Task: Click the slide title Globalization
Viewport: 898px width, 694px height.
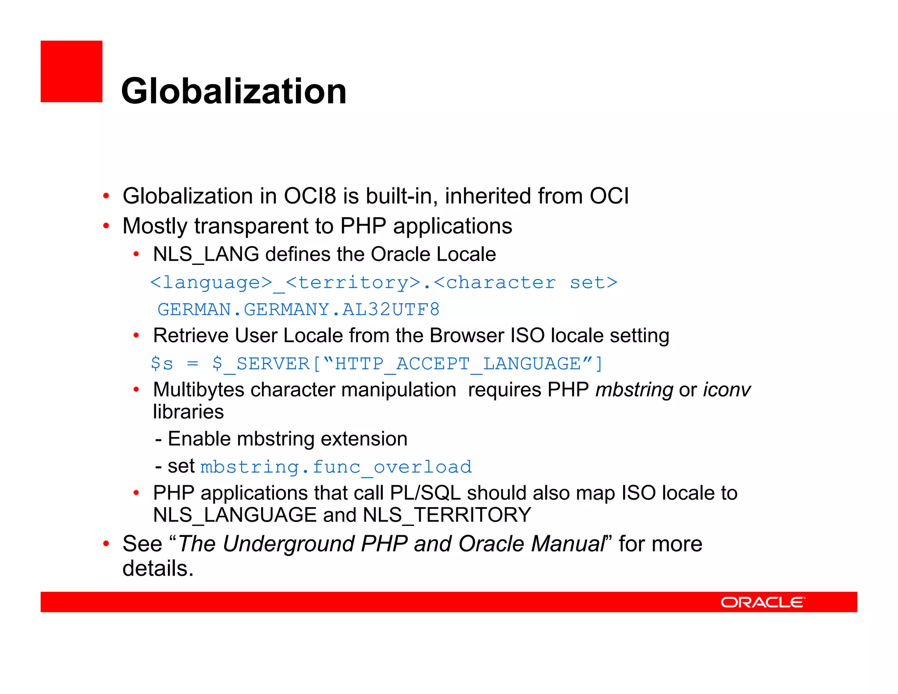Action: (234, 91)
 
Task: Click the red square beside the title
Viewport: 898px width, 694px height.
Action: (71, 72)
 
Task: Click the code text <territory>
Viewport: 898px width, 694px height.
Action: (353, 283)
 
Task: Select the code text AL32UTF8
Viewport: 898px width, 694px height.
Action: (391, 310)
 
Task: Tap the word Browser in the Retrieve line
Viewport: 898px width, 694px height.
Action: (466, 336)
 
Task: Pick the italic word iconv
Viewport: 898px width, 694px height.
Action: (727, 390)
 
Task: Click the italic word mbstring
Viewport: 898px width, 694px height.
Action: (634, 390)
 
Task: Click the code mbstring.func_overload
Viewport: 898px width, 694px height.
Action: (336, 467)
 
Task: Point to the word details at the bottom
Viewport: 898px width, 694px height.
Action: (155, 569)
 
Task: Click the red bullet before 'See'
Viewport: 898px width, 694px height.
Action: (106, 544)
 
